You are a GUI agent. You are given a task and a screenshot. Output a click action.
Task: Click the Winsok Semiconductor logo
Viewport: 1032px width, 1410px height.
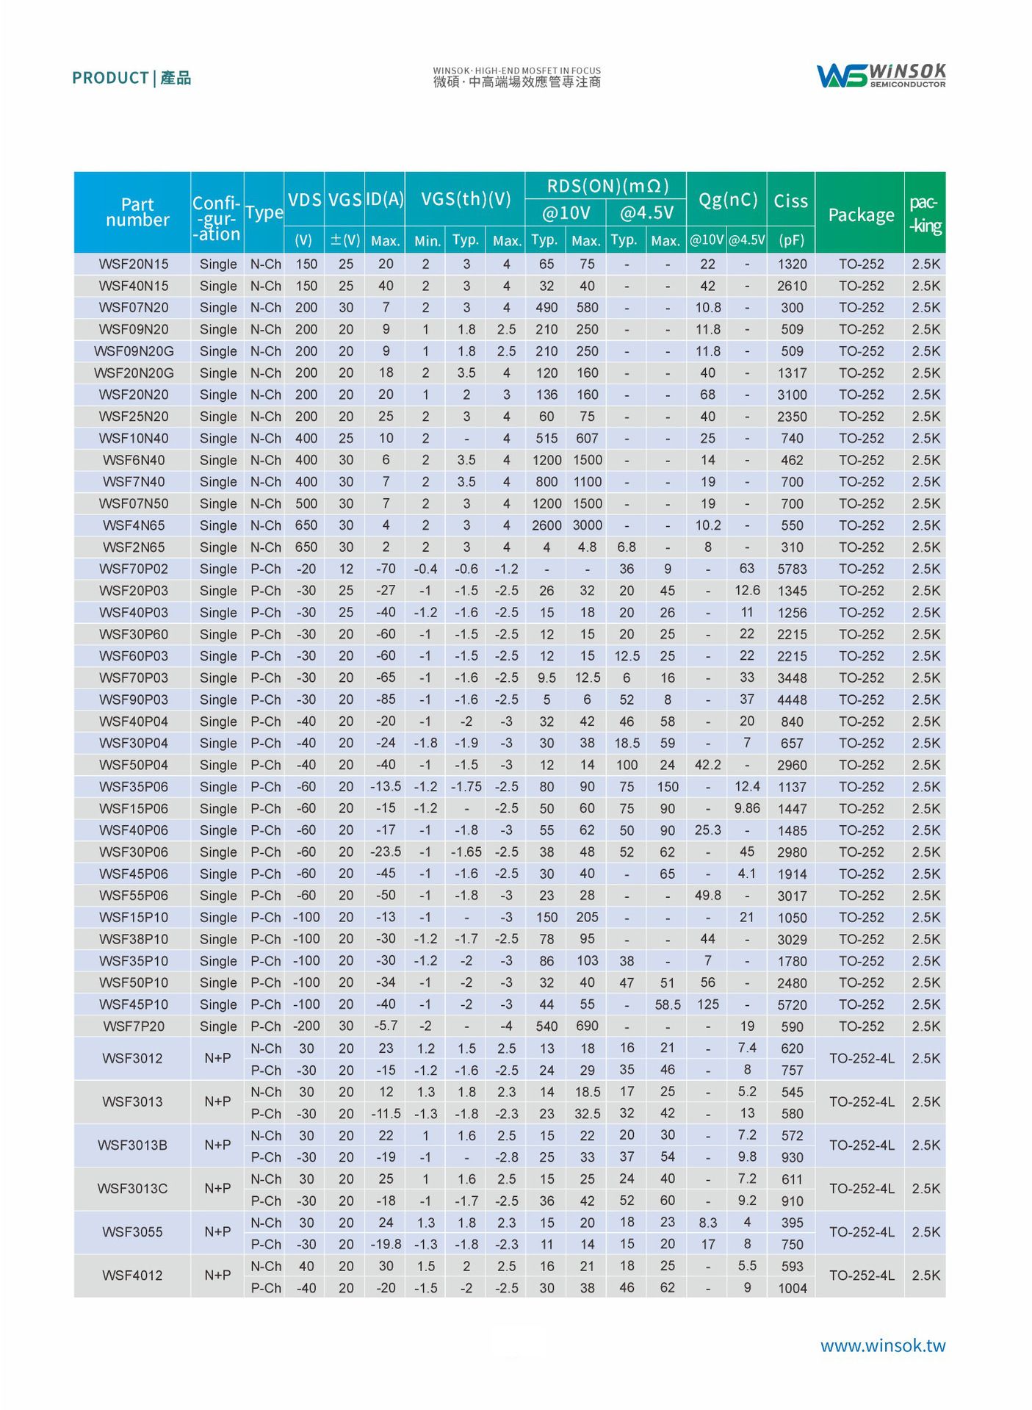coord(881,75)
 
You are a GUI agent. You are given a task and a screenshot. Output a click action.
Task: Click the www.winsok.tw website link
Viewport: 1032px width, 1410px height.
coord(882,1345)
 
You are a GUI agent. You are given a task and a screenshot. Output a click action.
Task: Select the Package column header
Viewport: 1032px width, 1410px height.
coord(861,215)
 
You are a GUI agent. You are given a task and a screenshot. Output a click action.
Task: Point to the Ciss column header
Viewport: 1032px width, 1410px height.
coord(790,201)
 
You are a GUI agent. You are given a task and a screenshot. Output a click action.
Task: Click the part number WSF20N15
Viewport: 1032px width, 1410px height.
coord(134,264)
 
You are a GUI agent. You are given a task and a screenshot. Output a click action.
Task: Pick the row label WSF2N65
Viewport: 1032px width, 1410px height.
coord(134,547)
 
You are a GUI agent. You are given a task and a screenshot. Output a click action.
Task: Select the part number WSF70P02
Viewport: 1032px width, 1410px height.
coord(134,569)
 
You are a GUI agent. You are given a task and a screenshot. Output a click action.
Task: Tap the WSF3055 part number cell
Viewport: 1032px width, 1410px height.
coord(132,1232)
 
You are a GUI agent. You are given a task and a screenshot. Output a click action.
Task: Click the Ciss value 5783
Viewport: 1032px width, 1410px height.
coord(792,569)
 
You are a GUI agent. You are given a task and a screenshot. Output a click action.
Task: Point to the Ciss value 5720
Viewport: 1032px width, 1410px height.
coord(792,1004)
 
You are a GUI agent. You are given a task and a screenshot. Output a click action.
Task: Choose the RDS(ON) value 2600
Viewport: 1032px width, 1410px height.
coord(546,525)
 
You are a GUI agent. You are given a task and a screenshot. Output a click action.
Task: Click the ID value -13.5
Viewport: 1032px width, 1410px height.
coord(386,786)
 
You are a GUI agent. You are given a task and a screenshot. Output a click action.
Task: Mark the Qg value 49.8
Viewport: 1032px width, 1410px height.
coord(707,896)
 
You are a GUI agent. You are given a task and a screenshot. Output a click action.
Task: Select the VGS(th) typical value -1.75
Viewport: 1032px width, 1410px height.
coord(466,786)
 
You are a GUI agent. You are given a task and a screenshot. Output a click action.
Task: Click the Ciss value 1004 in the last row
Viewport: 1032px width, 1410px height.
coord(792,1288)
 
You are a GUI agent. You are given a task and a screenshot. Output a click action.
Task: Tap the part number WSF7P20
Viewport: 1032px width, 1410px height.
coord(134,1026)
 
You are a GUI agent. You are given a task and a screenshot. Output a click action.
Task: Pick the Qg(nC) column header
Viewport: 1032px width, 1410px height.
coord(727,200)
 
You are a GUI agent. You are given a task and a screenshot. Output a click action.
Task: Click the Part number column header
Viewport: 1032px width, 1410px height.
coord(137,212)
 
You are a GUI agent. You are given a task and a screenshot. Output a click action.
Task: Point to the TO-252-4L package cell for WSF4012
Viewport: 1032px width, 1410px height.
coord(862,1276)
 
